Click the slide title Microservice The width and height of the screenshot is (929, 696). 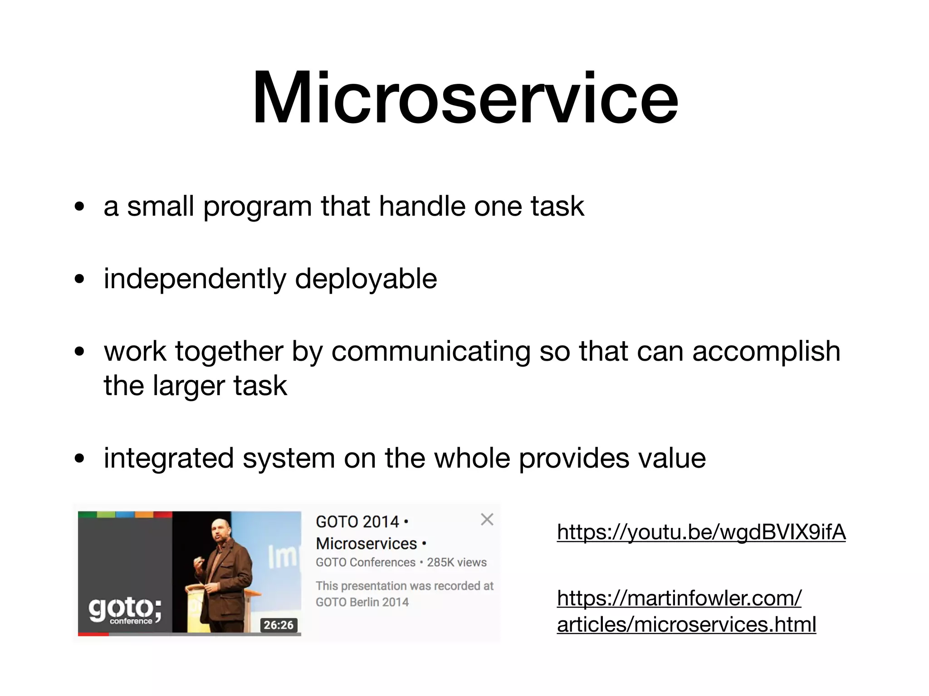pyautogui.click(x=464, y=97)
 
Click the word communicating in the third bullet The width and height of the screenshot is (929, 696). pyautogui.click(x=430, y=352)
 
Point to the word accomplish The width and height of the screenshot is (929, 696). pyautogui.click(x=766, y=352)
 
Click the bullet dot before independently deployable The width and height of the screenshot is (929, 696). pyautogui.click(x=80, y=280)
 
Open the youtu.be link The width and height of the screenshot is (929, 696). pyautogui.click(x=701, y=532)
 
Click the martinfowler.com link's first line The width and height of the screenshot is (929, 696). pyautogui.click(x=679, y=598)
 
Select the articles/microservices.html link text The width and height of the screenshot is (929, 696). pyautogui.click(x=686, y=624)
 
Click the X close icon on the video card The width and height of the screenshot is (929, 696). pyautogui.click(x=487, y=519)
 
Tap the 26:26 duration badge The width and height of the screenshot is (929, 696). pyautogui.click(x=279, y=625)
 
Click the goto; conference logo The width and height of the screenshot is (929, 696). pyautogui.click(x=124, y=610)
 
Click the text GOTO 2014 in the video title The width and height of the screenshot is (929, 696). pyautogui.click(x=357, y=522)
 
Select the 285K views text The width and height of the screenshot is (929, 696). pyautogui.click(x=456, y=562)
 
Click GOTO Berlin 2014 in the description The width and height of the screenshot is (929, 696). pyautogui.click(x=362, y=602)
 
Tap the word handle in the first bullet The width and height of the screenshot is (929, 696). pyautogui.click(x=422, y=207)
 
